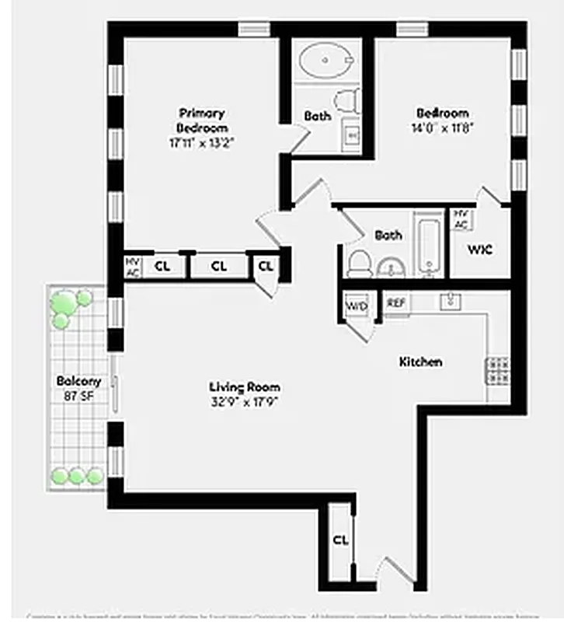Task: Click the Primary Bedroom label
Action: point(201,121)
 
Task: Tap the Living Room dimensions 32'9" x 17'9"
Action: point(245,402)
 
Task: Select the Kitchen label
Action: point(420,362)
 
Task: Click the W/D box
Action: point(357,306)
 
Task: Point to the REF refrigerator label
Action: point(396,303)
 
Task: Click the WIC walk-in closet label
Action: point(479,250)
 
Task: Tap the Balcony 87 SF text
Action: point(78,388)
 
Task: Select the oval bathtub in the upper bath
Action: point(326,58)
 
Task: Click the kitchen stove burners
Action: point(497,370)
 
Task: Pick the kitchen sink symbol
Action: point(451,301)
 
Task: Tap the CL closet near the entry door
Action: point(339,540)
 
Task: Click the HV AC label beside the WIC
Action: point(461,219)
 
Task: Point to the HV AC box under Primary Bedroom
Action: point(132,267)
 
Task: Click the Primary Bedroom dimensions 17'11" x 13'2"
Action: point(201,143)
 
